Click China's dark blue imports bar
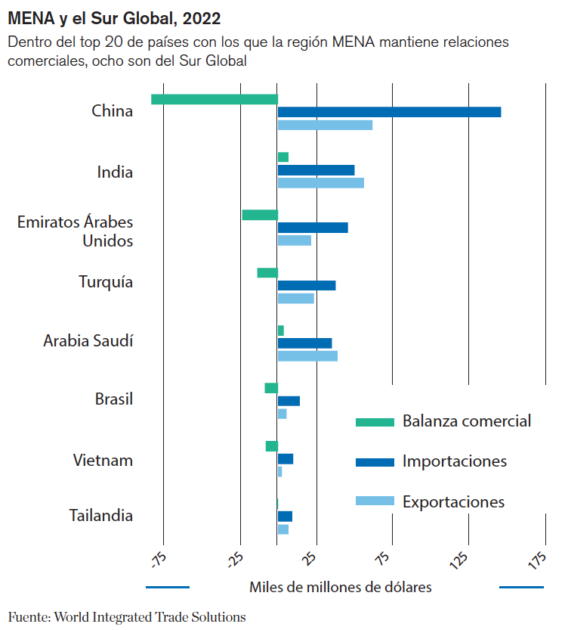pyautogui.click(x=389, y=112)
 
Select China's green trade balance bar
pyautogui.click(x=215, y=99)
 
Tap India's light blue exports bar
pyautogui.click(x=321, y=183)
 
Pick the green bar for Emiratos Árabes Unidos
pyautogui.click(x=260, y=215)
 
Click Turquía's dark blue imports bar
pyautogui.click(x=307, y=285)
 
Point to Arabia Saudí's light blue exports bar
pyautogui.click(x=307, y=355)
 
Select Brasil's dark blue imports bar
pyautogui.click(x=289, y=401)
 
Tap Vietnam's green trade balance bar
pyautogui.click(x=272, y=446)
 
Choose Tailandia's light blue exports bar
pyautogui.click(x=283, y=529)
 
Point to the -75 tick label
pyautogui.click(x=158, y=560)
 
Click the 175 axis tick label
pyautogui.click(x=538, y=560)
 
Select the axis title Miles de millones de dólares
pyautogui.click(x=341, y=587)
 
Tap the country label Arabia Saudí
pyautogui.click(x=88, y=340)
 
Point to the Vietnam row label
pyautogui.click(x=103, y=460)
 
